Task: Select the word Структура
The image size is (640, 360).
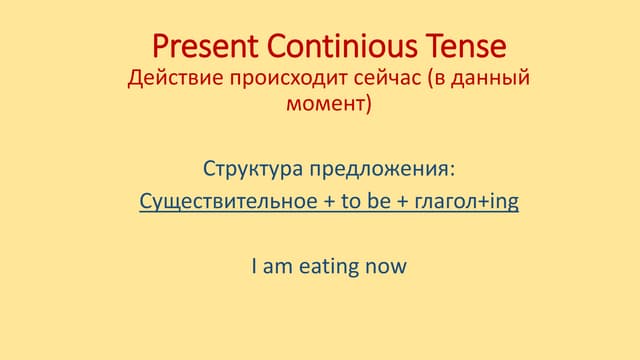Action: [247, 166]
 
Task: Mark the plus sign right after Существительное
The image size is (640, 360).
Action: [329, 202]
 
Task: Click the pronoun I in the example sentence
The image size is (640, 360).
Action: [254, 266]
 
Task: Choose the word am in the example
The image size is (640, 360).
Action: [276, 266]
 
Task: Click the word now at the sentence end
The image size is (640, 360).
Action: [387, 266]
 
